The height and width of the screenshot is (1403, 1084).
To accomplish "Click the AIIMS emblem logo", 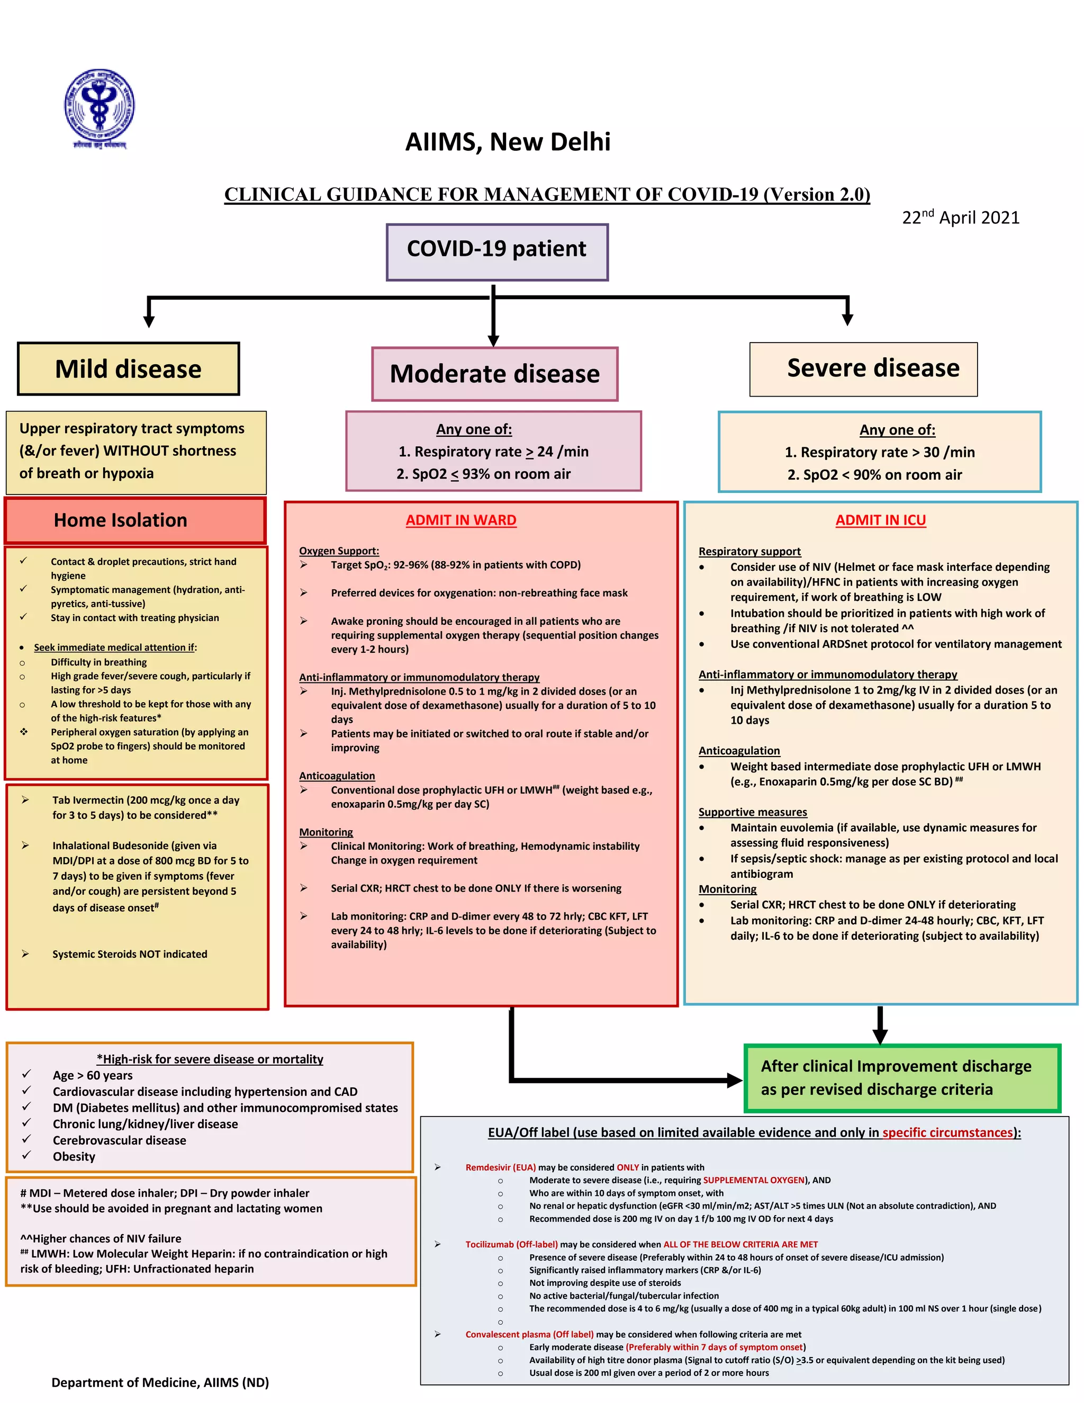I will [x=99, y=109].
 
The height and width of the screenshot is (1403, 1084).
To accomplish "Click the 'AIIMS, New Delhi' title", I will [x=507, y=142].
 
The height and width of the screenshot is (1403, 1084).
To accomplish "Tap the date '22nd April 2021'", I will [x=960, y=217].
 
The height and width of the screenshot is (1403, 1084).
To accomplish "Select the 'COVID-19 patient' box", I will [x=496, y=252].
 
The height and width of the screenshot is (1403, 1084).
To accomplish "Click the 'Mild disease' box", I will [x=129, y=368].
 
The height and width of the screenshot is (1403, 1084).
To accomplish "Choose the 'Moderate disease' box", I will [x=494, y=374].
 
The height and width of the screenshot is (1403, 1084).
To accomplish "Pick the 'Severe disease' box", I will [x=863, y=368].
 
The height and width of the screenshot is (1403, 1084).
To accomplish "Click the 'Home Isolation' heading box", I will [x=135, y=520].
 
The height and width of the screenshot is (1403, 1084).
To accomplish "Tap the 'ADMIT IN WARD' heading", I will [x=460, y=520].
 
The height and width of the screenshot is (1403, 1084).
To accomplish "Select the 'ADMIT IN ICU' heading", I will [x=880, y=520].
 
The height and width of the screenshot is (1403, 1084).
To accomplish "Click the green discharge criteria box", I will [x=901, y=1077].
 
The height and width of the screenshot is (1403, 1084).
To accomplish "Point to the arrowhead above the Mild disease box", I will [x=149, y=320].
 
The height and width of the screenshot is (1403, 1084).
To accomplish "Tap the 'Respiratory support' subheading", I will [x=749, y=551].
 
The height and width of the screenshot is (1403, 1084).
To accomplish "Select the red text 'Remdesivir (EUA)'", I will [x=500, y=1167].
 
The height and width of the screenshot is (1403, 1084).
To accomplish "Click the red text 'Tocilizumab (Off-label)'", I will [x=511, y=1244].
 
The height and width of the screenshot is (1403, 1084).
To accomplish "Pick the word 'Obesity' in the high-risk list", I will [x=74, y=1156].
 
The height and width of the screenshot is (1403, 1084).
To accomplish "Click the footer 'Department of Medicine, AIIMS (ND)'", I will [x=160, y=1382].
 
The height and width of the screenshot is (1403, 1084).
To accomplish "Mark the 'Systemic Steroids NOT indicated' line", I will [x=130, y=954].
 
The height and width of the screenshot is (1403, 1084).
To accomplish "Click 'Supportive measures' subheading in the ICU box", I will [x=753, y=812].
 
